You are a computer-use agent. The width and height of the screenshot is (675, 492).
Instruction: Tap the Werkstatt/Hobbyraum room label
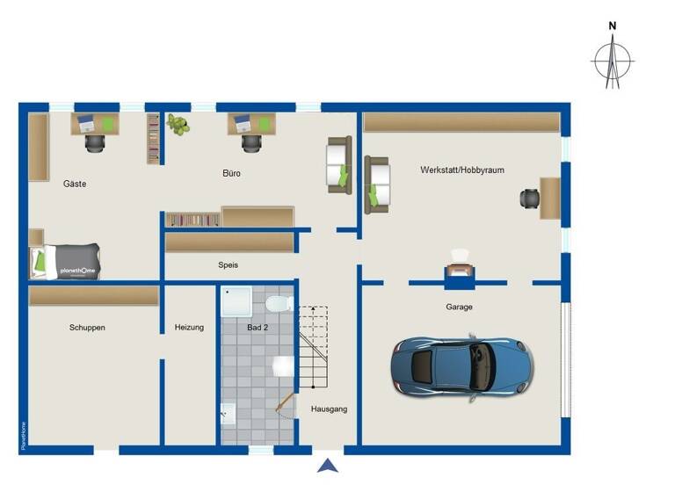pyautogui.click(x=462, y=170)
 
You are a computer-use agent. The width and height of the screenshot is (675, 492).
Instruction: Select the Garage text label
pyautogui.click(x=459, y=307)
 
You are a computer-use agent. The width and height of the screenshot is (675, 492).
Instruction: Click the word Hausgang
pyautogui.click(x=330, y=409)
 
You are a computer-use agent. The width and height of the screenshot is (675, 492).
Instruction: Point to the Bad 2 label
pyautogui.click(x=258, y=328)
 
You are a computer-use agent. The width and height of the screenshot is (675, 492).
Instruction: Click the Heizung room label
pyautogui.click(x=189, y=328)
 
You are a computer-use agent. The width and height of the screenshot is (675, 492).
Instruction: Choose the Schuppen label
pyautogui.click(x=87, y=328)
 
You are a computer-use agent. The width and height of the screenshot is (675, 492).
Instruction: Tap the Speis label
pyautogui.click(x=229, y=264)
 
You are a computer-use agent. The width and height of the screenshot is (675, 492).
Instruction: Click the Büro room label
pyautogui.click(x=231, y=174)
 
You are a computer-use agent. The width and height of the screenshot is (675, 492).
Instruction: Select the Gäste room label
pyautogui.click(x=75, y=184)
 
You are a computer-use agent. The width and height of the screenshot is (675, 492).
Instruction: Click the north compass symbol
pyautogui.click(x=613, y=60)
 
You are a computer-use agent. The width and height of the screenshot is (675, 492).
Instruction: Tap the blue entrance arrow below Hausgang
pyautogui.click(x=328, y=467)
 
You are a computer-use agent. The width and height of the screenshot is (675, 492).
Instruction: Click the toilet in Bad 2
pyautogui.click(x=279, y=304)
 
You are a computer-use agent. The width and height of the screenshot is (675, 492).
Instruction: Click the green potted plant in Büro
pyautogui.click(x=178, y=124)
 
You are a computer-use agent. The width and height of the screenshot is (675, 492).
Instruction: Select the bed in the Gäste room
pyautogui.click(x=67, y=260)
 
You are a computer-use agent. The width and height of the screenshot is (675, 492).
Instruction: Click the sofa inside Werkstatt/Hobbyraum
pyautogui.click(x=377, y=183)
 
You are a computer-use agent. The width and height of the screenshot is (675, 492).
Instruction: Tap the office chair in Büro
pyautogui.click(x=251, y=141)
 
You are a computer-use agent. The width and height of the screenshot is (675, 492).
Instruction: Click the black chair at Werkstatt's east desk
pyautogui.click(x=530, y=199)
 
